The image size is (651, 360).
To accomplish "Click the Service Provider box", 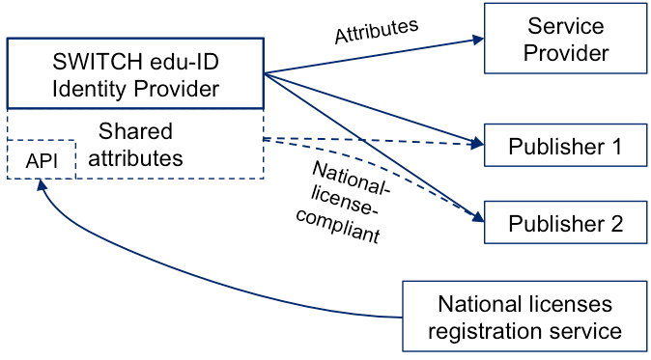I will click(x=565, y=39).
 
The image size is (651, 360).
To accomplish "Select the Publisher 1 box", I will click(x=565, y=147).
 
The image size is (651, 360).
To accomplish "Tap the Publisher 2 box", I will click(x=565, y=224).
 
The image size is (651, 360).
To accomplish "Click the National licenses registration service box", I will click(x=524, y=318).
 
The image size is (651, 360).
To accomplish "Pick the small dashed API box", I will click(x=42, y=160).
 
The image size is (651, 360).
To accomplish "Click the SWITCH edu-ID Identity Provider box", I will click(x=135, y=73).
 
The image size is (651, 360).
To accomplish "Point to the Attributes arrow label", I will click(x=377, y=30).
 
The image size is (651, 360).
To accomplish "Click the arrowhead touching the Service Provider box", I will click(x=477, y=40).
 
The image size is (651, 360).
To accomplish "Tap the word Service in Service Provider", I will click(x=566, y=26).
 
